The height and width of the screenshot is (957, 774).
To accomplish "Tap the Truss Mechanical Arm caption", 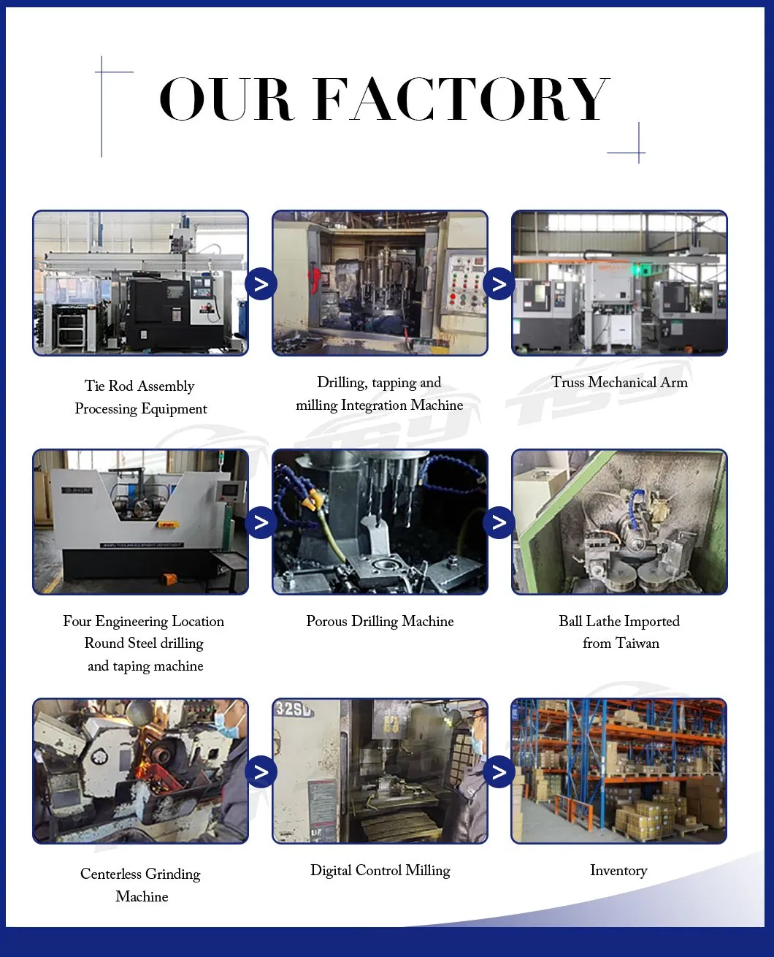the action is coord(619,382).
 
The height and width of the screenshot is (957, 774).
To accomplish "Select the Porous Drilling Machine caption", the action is coord(380,622).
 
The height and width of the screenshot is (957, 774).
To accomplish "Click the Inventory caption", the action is coord(618,870).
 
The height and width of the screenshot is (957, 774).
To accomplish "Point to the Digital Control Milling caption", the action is coord(380,870).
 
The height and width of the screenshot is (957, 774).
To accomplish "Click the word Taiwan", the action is coord(637,644).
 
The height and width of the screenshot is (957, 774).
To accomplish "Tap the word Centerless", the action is coord(111,874).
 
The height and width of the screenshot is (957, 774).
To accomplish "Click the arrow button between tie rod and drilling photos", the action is coord(261,284).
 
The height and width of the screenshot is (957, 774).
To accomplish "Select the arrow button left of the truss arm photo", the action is coord(499,284).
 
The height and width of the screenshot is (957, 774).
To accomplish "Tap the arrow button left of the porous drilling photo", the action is coord(261,522).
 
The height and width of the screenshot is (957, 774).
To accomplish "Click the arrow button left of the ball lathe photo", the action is coord(499,522).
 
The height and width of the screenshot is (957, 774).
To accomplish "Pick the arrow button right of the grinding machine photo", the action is coord(261,772).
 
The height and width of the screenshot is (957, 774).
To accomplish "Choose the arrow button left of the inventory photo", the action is coord(499,772).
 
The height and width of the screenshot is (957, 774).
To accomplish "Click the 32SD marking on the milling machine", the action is coord(293,709).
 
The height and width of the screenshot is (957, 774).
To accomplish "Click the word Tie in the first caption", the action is coord(95,386).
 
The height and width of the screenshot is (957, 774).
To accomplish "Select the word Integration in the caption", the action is coord(375,405).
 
